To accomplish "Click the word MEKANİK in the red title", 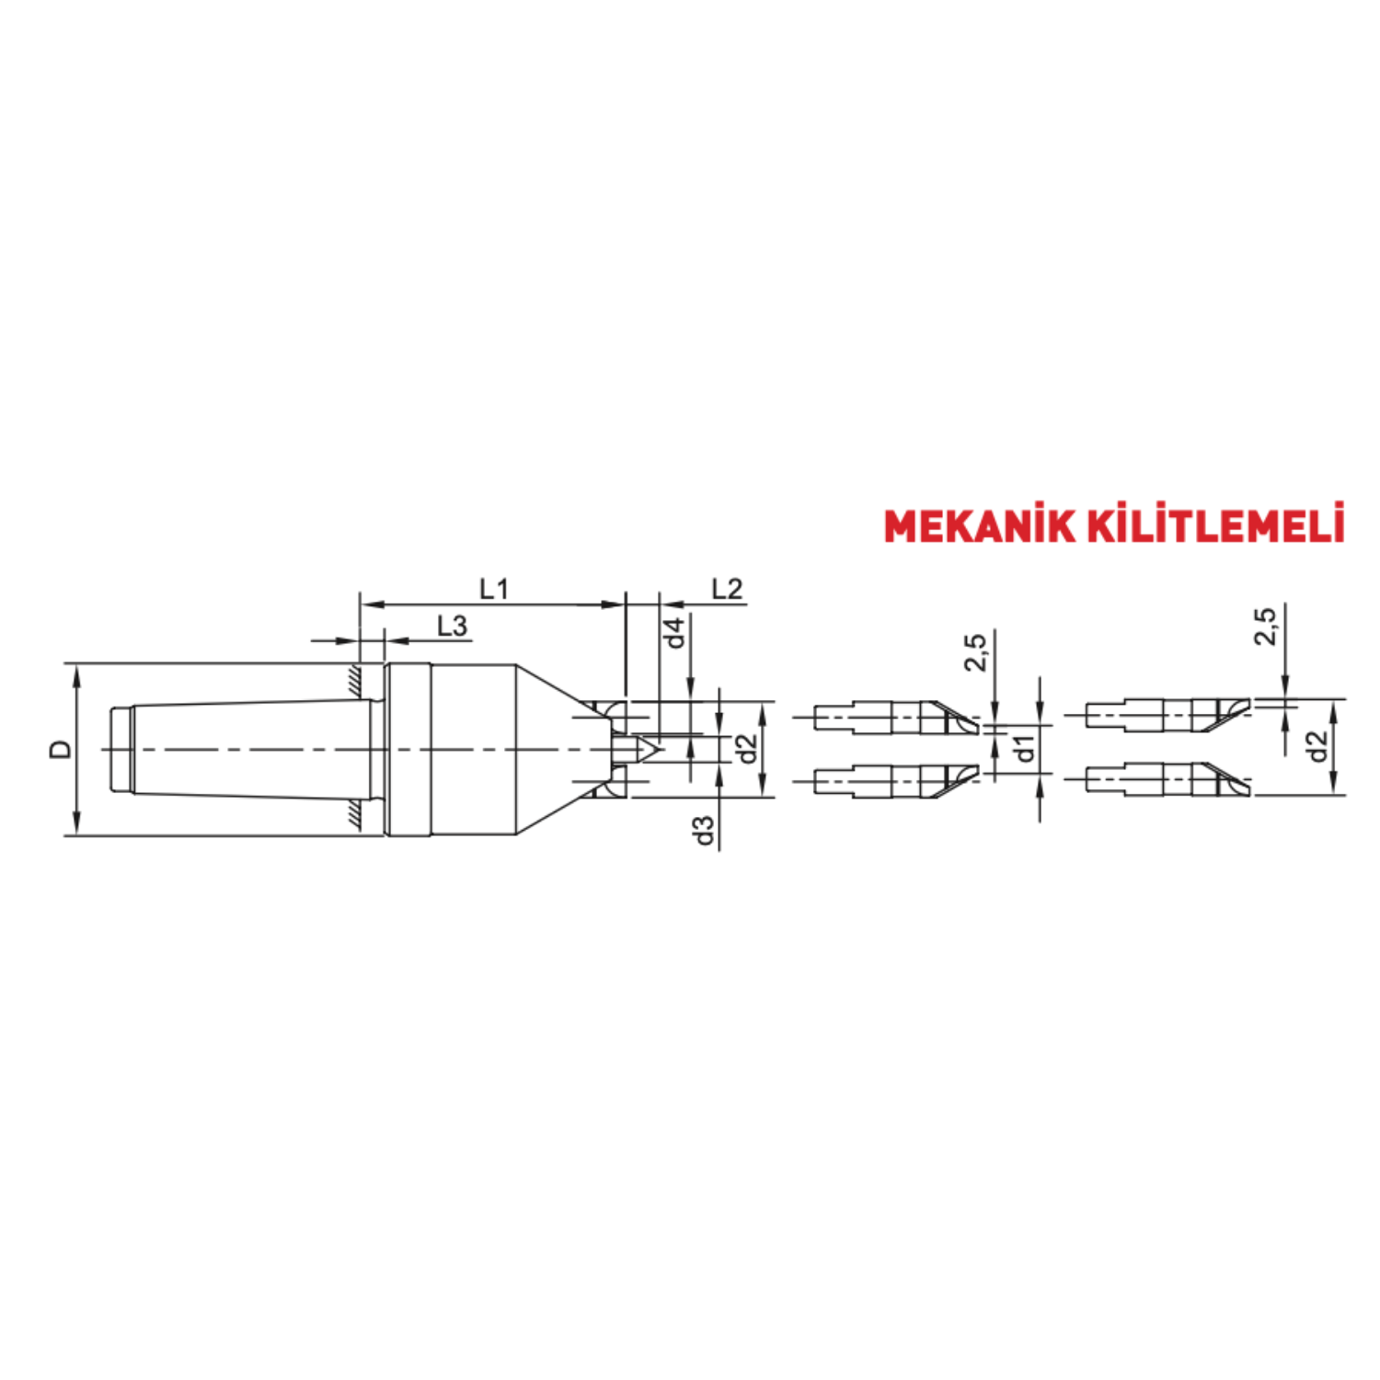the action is [979, 524].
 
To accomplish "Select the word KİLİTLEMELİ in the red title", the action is [1215, 523].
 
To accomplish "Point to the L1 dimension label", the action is [493, 589].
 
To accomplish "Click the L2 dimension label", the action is [727, 589].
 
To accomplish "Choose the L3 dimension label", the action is [452, 627].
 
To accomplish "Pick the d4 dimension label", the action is [675, 633].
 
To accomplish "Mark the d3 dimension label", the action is [704, 830].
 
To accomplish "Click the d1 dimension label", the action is [1024, 749].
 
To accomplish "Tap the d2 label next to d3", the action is [747, 749].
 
